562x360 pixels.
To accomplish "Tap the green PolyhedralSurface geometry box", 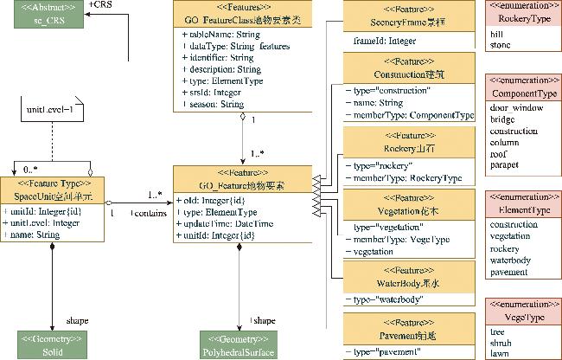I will [x=239, y=346].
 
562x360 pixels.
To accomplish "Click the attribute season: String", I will [x=213, y=104].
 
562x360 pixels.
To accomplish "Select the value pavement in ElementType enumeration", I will [x=508, y=272].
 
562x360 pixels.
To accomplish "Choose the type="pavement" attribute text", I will [x=386, y=352].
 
